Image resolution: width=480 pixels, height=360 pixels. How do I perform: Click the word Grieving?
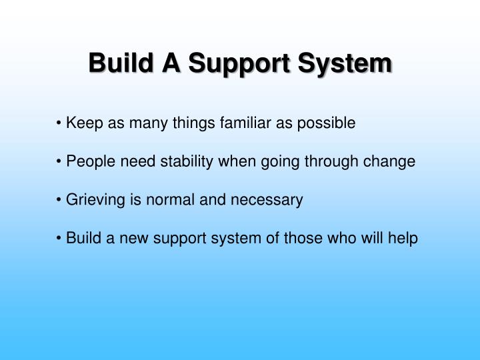tap(93, 200)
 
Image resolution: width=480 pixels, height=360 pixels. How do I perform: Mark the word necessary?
tap(273, 200)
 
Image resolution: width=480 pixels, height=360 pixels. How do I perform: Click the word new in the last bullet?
tap(137, 238)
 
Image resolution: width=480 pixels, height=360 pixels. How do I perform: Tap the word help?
tap(403, 238)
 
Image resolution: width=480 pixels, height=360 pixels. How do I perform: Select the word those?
tap(302, 238)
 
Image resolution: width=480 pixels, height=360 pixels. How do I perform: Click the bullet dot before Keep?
tap(60, 124)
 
